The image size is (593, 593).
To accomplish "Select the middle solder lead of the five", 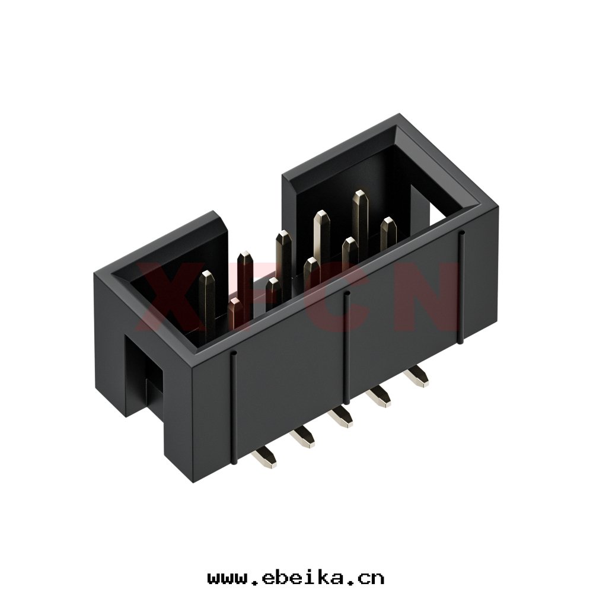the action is click(x=340, y=417).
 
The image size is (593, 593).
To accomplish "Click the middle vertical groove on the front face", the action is click(x=346, y=347).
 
